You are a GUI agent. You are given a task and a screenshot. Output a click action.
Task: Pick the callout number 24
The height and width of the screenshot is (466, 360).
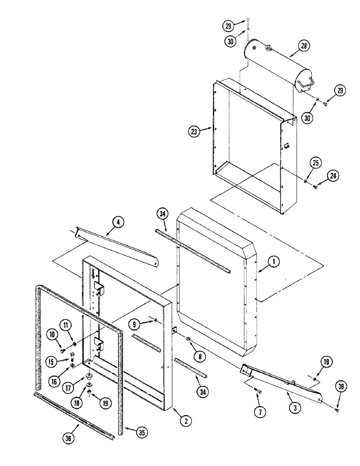333,176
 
